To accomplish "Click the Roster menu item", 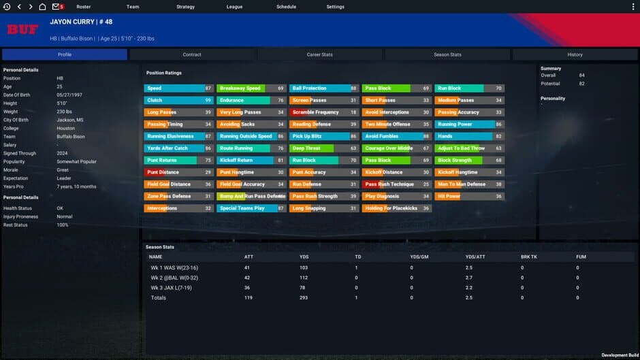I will pyautogui.click(x=83, y=7).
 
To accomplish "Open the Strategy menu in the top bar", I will pyautogui.click(x=185, y=7).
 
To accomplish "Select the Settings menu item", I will pyautogui.click(x=335, y=7).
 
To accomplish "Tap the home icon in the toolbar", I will pyautogui.click(x=42, y=7).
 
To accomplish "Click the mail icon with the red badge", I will pyautogui.click(x=57, y=7).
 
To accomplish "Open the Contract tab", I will pyautogui.click(x=192, y=54).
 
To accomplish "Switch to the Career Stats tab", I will pyautogui.click(x=319, y=54).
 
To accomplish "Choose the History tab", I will pyautogui.click(x=575, y=54).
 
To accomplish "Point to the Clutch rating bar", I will pyautogui.click(x=178, y=100).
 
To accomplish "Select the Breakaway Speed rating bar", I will pyautogui.click(x=251, y=88).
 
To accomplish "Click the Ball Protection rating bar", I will pyautogui.click(x=323, y=88).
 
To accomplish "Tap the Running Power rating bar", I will pyautogui.click(x=469, y=125).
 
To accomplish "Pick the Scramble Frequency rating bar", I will pyautogui.click(x=323, y=112).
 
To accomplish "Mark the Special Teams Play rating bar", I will pyautogui.click(x=251, y=208).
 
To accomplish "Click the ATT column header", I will pyautogui.click(x=249, y=257).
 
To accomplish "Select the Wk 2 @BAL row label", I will pyautogui.click(x=170, y=278).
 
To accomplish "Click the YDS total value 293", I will pyautogui.click(x=304, y=297).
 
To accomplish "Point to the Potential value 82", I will pyautogui.click(x=582, y=83).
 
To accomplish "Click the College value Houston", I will pyautogui.click(x=65, y=128).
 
